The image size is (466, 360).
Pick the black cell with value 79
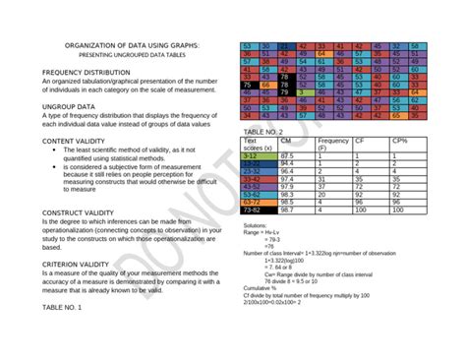click(285, 91)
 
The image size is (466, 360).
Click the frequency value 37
click(323, 187)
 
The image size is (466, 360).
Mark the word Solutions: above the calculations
click(255, 226)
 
